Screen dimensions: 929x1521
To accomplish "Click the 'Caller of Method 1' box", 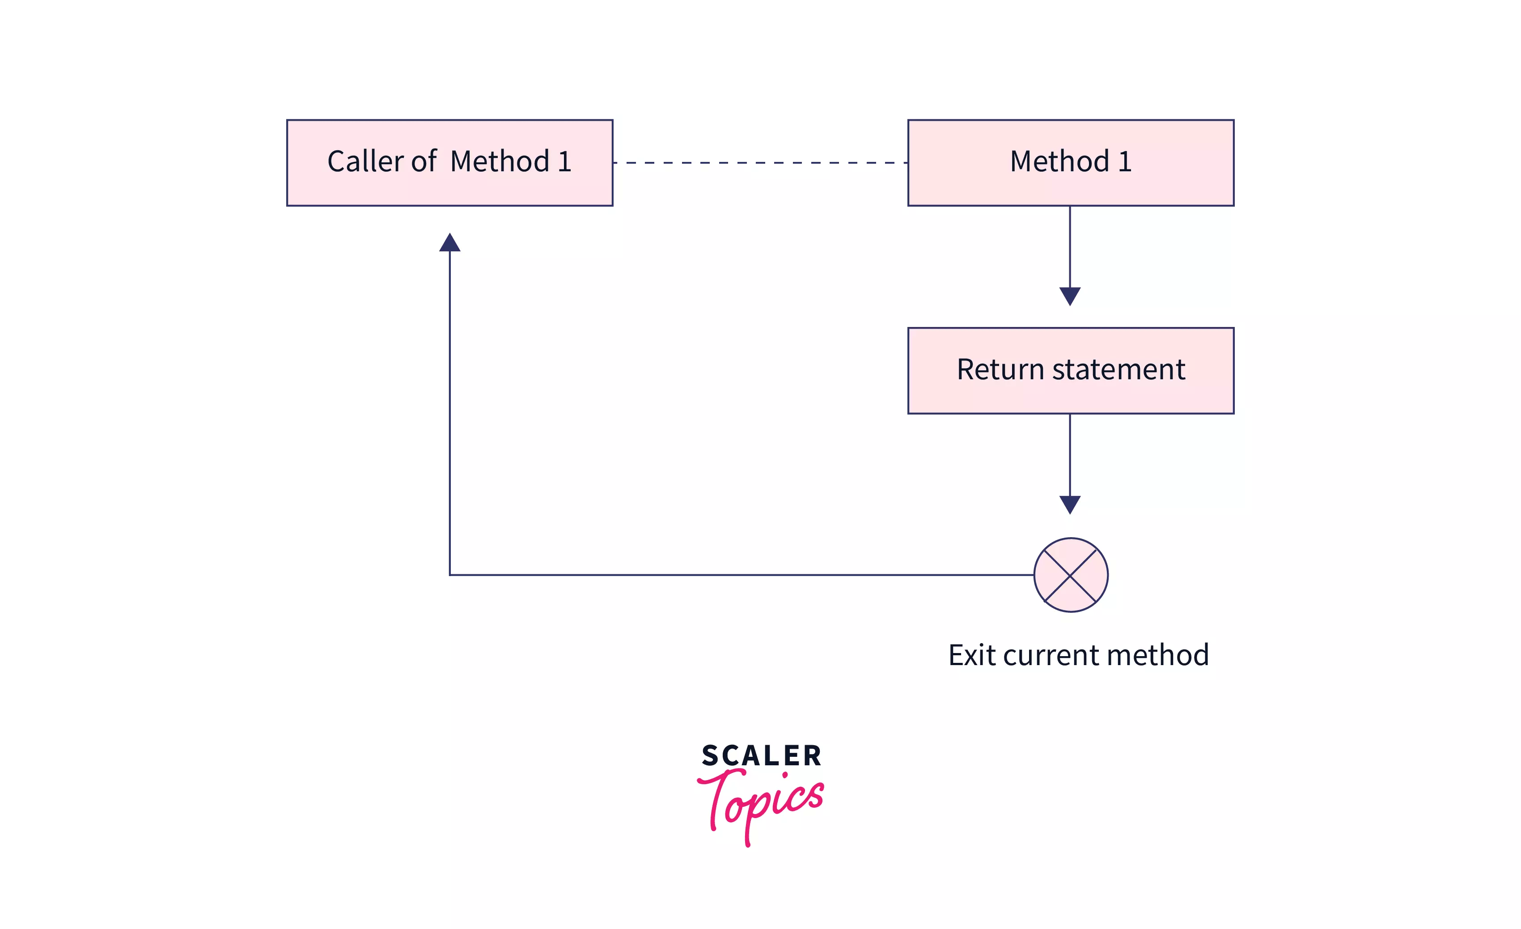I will click(x=449, y=162).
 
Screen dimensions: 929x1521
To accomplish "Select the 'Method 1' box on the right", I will click(x=1070, y=162).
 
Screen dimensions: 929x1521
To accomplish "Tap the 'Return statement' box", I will click(x=1070, y=370).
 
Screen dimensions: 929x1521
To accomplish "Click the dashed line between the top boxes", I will click(x=760, y=163).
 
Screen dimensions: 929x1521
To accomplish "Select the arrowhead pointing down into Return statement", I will click(x=1069, y=296).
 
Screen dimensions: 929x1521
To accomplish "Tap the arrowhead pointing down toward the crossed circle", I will click(x=1069, y=505).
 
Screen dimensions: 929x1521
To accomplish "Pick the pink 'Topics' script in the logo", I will click(x=760, y=802).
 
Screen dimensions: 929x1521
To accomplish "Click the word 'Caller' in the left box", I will click(x=365, y=162).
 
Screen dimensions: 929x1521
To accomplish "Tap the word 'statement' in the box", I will click(x=1118, y=370).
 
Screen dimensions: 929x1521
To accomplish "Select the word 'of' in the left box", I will click(x=424, y=162).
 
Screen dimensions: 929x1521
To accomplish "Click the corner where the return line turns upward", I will click(x=450, y=575).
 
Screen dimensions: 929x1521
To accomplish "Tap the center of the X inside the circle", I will click(x=1070, y=575).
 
